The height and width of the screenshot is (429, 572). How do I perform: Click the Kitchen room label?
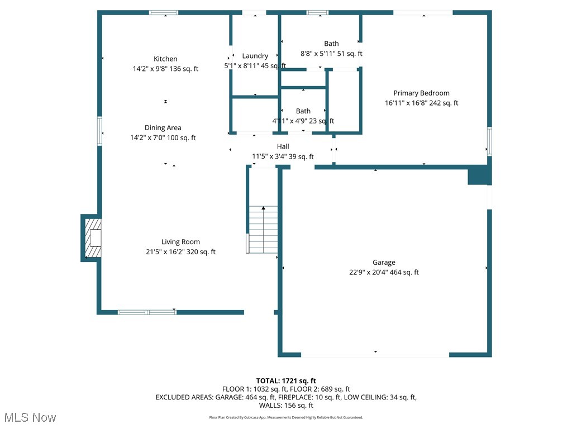pyautogui.click(x=165, y=59)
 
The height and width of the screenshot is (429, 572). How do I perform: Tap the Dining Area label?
pyautogui.click(x=163, y=127)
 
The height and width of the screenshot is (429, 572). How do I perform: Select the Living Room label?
pyautogui.click(x=180, y=242)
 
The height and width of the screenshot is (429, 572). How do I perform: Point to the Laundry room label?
pyautogui.click(x=255, y=56)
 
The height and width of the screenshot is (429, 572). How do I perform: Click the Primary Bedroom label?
pyautogui.click(x=421, y=93)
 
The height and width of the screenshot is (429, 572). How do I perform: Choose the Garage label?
pyautogui.click(x=384, y=263)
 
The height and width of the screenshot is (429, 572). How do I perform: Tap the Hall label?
pyautogui.click(x=283, y=146)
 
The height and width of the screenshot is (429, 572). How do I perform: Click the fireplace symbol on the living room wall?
pyautogui.click(x=93, y=238)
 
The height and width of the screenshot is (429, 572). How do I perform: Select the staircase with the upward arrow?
pyautogui.click(x=263, y=229)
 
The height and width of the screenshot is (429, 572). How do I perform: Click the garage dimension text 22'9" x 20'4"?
pyautogui.click(x=383, y=273)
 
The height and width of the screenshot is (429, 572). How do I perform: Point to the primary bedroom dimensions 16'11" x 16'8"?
pyautogui.click(x=421, y=103)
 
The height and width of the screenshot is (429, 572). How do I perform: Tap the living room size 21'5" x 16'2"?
pyautogui.click(x=180, y=252)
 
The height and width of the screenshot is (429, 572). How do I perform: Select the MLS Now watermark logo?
pyautogui.click(x=30, y=417)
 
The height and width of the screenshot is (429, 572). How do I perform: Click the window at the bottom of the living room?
pyautogui.click(x=147, y=312)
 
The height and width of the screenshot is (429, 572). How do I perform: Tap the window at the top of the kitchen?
pyautogui.click(x=163, y=12)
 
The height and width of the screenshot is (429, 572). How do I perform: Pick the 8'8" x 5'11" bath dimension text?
pyautogui.click(x=331, y=54)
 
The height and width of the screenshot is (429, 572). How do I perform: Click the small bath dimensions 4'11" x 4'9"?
pyautogui.click(x=303, y=121)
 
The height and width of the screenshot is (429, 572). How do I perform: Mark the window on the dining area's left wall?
pyautogui.click(x=100, y=131)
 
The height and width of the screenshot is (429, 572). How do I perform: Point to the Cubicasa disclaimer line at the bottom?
pyautogui.click(x=286, y=417)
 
